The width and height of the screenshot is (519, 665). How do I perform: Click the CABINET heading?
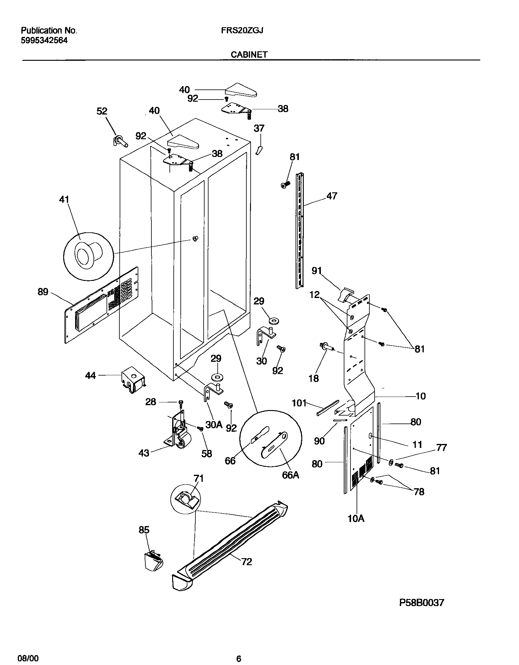click(x=249, y=55)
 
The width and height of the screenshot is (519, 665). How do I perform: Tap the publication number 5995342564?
click(x=44, y=41)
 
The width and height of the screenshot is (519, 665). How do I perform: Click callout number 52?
click(x=102, y=111)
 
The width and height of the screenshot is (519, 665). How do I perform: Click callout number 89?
click(x=43, y=292)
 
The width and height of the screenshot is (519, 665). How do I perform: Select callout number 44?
click(x=90, y=376)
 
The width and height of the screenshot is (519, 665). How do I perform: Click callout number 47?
click(x=332, y=196)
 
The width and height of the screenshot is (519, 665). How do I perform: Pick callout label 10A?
click(x=356, y=518)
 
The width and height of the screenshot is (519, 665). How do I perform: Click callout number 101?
click(x=299, y=403)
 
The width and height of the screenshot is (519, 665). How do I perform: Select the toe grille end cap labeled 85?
click(x=154, y=561)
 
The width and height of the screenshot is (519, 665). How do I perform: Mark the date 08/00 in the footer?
click(x=30, y=656)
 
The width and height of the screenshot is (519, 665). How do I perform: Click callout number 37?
click(x=259, y=128)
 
